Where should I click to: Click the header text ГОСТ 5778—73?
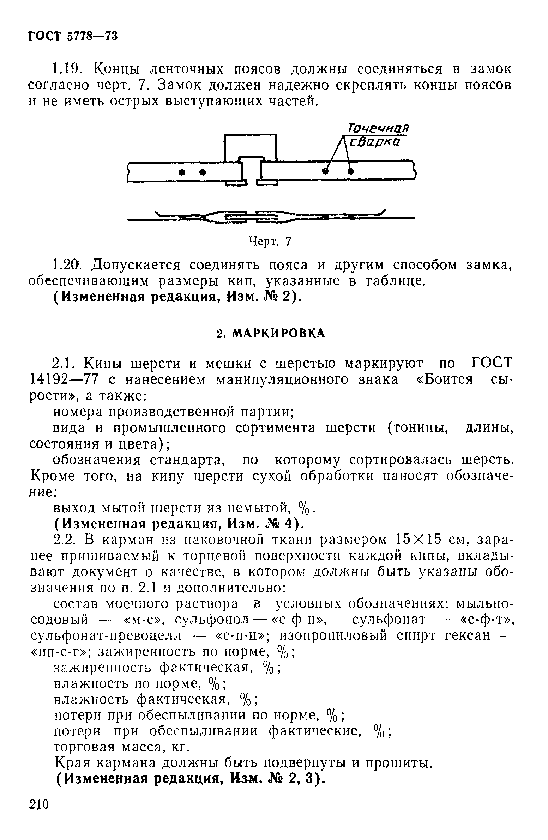72,36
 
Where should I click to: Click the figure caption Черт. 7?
270,242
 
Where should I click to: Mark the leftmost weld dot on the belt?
182,172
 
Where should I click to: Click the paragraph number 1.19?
69,69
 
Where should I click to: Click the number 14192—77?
64,380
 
